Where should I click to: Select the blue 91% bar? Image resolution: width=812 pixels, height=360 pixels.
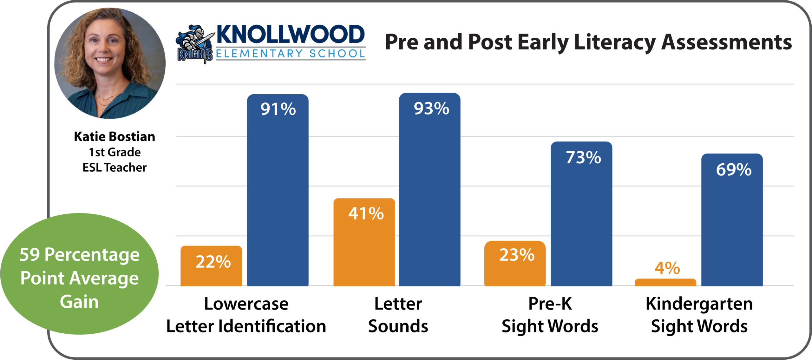[x=278, y=190]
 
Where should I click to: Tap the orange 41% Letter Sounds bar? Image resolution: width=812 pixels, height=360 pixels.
[x=364, y=242]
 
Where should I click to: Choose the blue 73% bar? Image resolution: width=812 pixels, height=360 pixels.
[x=581, y=214]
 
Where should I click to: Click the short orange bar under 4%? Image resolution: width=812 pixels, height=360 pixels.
[x=665, y=282]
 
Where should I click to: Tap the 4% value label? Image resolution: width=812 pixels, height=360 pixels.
[x=667, y=268]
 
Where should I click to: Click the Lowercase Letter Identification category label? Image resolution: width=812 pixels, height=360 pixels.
[x=246, y=315]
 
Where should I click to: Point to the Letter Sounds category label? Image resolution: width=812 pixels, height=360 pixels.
[x=398, y=315]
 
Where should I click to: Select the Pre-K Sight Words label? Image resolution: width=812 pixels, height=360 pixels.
[x=550, y=315]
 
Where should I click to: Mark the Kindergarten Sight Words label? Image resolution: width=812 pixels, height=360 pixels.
[x=699, y=315]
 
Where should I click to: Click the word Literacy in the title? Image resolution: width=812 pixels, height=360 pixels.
[x=615, y=43]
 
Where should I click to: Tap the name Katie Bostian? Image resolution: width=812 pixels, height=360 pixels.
[x=115, y=137]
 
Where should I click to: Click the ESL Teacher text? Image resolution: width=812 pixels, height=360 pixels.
[x=115, y=167]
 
